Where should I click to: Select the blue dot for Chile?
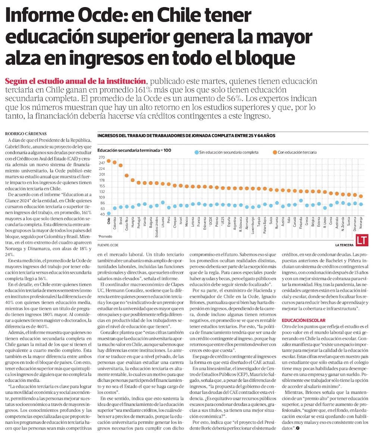pyautogui.click(x=109, y=213)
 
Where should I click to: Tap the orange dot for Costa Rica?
pyautogui.click(x=127, y=175)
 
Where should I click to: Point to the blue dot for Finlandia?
pyautogui.click(x=301, y=200)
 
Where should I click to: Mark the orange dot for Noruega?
pyautogui.click(x=361, y=196)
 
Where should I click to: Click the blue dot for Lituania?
pyautogui.click(x=163, y=202)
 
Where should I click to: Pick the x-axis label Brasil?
pyautogui.click(x=121, y=222)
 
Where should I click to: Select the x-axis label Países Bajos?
pyautogui.click(x=265, y=226)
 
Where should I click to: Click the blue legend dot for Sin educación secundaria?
pyautogui.click(x=196, y=152)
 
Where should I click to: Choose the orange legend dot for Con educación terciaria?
pyautogui.click(x=274, y=152)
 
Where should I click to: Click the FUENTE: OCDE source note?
pyautogui.click(x=109, y=245)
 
